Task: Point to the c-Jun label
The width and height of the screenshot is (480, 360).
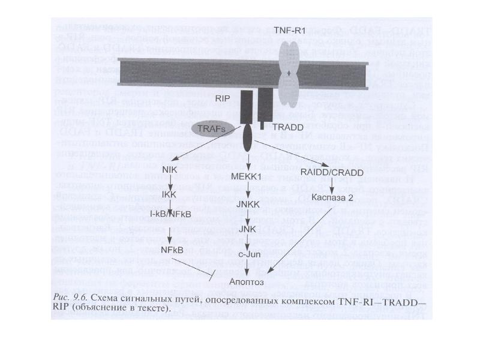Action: point(248,253)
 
